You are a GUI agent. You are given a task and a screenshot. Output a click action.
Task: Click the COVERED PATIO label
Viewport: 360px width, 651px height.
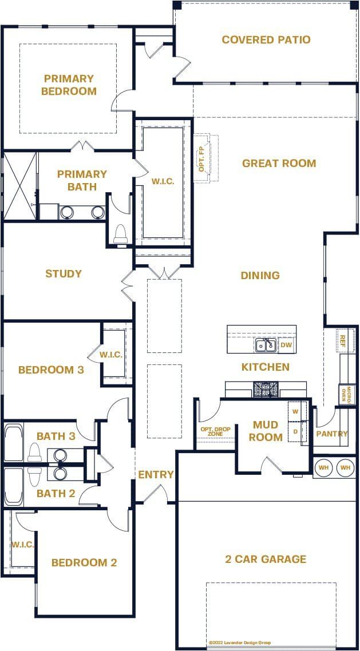point(266,39)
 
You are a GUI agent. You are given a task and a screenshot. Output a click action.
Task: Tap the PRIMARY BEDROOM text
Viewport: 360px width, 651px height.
point(69,85)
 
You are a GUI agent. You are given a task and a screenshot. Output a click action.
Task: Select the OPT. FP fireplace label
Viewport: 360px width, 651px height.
point(201,158)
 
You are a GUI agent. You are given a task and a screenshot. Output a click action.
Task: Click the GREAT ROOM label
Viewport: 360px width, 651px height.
point(279,164)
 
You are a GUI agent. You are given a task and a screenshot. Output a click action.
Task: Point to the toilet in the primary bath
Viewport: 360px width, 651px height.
point(121,234)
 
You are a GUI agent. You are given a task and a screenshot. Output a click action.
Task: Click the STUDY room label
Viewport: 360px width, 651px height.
point(64,274)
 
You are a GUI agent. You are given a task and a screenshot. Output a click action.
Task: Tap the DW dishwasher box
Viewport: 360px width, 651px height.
point(287,346)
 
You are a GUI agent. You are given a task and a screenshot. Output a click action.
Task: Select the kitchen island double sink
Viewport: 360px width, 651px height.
point(266,345)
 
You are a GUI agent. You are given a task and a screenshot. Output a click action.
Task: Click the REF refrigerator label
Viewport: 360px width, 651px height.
point(343,340)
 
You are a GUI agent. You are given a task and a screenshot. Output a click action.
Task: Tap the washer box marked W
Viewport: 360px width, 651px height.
point(295,411)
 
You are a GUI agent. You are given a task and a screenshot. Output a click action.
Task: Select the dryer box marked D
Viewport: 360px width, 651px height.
point(295,431)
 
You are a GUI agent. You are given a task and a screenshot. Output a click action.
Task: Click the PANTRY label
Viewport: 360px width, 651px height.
point(332,434)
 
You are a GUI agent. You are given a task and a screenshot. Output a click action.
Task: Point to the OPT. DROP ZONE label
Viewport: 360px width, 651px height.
point(212,431)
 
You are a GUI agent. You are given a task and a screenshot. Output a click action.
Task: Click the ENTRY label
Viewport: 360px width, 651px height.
point(156,474)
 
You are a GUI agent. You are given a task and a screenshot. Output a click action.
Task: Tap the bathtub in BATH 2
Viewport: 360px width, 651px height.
point(14,486)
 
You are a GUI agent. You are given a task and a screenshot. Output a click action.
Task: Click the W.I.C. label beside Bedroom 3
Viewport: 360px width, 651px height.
point(110,355)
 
